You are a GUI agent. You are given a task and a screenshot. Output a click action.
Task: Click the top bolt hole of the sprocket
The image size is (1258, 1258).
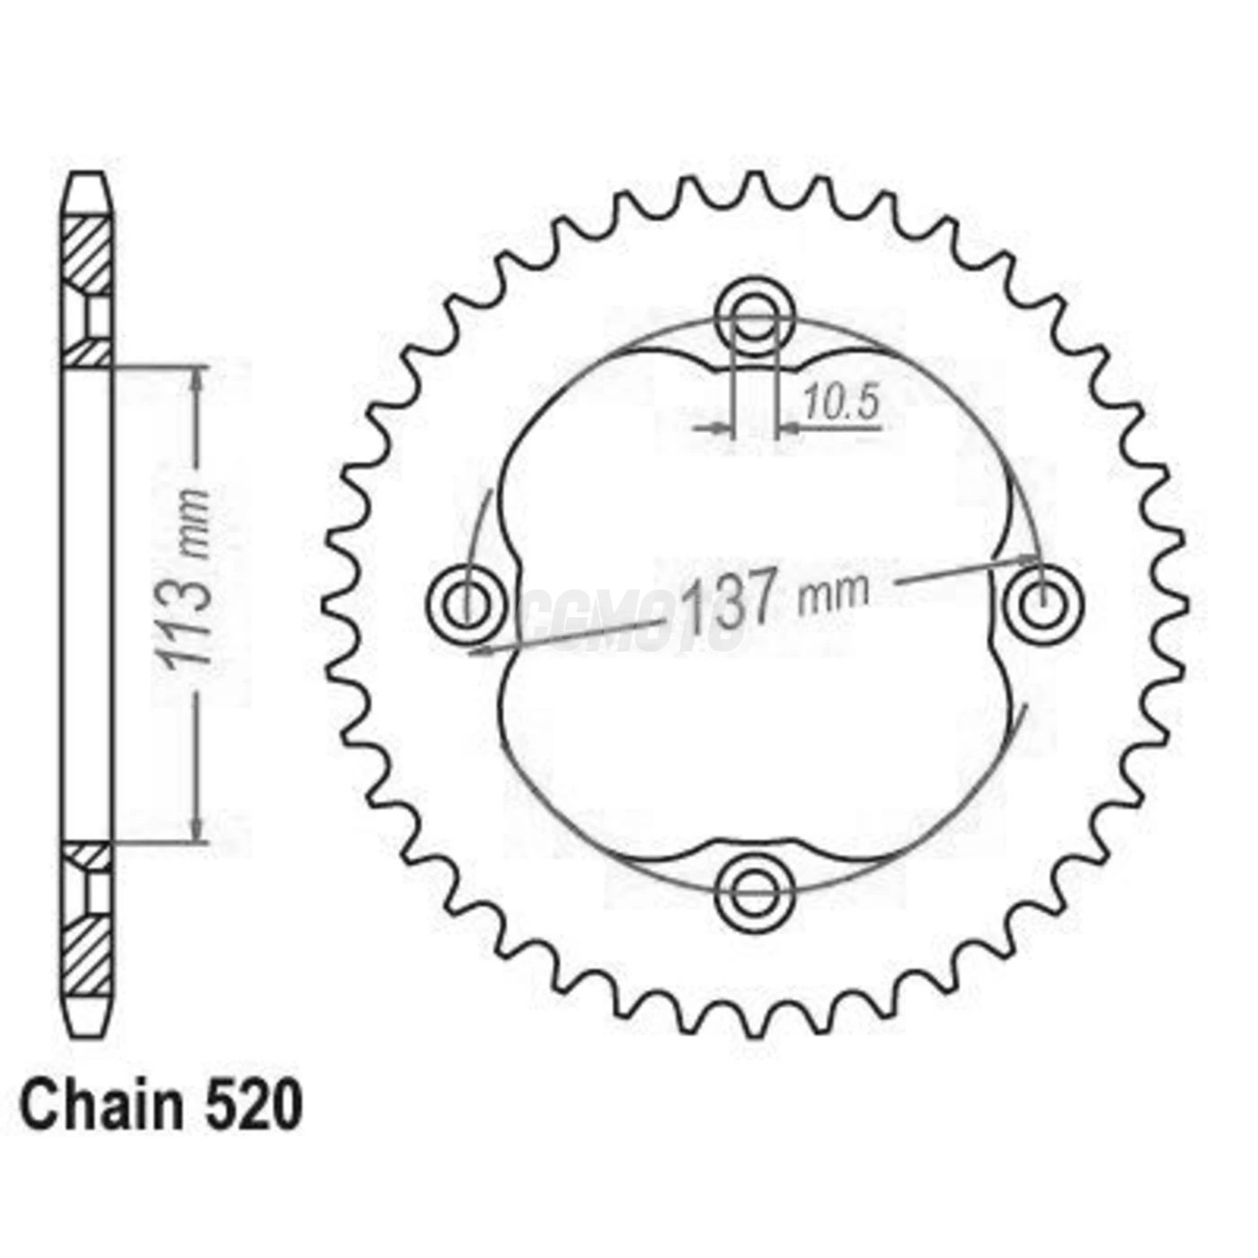point(756,314)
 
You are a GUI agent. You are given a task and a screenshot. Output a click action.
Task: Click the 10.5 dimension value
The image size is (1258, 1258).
point(840,403)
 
